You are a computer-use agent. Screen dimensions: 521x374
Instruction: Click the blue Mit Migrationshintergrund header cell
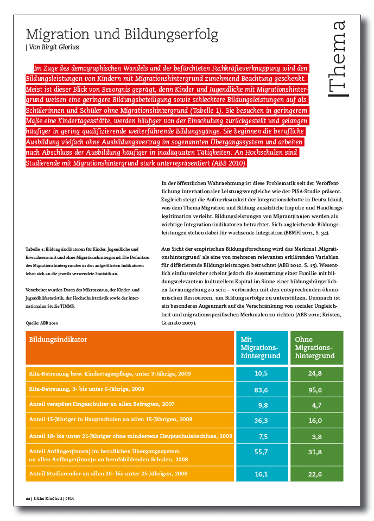[261, 347]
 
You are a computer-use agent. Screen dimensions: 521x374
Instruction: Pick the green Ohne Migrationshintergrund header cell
[316, 347]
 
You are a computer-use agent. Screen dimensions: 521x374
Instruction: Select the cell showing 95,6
[316, 389]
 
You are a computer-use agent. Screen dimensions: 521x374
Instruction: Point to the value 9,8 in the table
[263, 405]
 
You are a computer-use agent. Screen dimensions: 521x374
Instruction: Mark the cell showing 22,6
[316, 473]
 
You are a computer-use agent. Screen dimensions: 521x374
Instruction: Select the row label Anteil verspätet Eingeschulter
[101, 405]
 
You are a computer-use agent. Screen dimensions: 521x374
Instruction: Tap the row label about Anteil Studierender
[108, 473]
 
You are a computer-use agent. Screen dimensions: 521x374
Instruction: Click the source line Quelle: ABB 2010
[42, 323]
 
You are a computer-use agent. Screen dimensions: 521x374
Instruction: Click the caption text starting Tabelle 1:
[81, 249]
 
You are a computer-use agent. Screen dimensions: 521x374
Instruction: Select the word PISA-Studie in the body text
[314, 191]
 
